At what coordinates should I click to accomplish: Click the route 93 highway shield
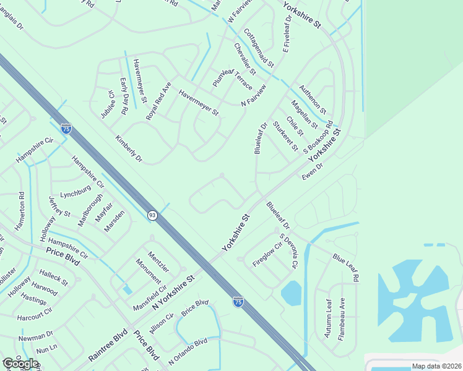pos(152,215)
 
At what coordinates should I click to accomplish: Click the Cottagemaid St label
pos(259,48)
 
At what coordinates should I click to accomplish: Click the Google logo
pos(20,364)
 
